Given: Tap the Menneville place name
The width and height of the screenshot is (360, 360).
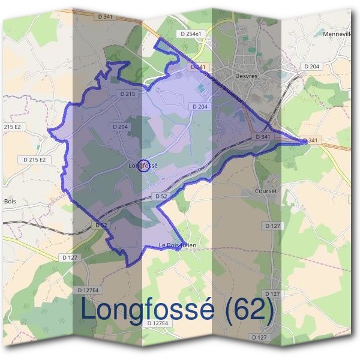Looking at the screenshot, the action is [x=337, y=34].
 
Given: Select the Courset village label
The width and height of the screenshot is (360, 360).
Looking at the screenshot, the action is [x=266, y=191].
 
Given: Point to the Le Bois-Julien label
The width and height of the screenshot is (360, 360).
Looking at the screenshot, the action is [x=178, y=245].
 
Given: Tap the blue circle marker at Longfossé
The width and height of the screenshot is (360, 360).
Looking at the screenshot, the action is [x=143, y=165].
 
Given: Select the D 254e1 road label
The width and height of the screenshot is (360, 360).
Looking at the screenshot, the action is [x=193, y=34].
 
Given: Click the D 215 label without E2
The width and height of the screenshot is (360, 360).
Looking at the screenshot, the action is [x=128, y=94].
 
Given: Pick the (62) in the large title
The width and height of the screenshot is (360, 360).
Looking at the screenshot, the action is [x=247, y=311].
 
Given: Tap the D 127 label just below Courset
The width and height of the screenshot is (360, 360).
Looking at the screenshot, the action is [x=272, y=226].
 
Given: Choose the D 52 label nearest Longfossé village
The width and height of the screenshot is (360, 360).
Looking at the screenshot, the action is [x=160, y=196].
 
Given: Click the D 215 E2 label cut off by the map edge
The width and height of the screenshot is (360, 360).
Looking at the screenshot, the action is [x=12, y=127].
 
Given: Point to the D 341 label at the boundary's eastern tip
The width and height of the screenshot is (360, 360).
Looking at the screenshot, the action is [x=311, y=140].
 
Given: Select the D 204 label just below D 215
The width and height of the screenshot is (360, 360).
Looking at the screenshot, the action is [x=120, y=127].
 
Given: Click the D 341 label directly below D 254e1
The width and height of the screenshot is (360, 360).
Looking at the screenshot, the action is [x=199, y=67].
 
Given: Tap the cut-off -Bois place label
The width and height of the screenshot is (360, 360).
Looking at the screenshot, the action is [x=8, y=202].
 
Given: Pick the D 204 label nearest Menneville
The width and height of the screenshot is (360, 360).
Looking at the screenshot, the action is [x=311, y=66].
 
